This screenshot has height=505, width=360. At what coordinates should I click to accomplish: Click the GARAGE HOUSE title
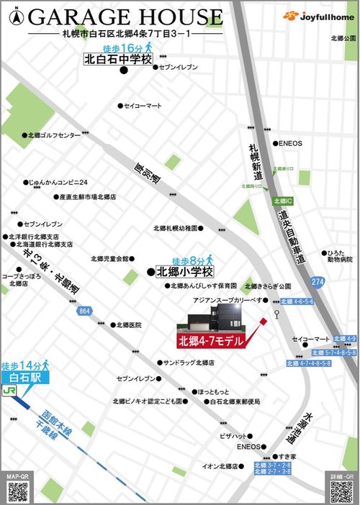coord(126,17)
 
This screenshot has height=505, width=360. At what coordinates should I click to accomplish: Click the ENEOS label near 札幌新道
coord(291,142)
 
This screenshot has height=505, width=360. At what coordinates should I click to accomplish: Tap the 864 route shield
coord(85,311)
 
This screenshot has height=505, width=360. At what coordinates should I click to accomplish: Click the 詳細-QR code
coord(341,491)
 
